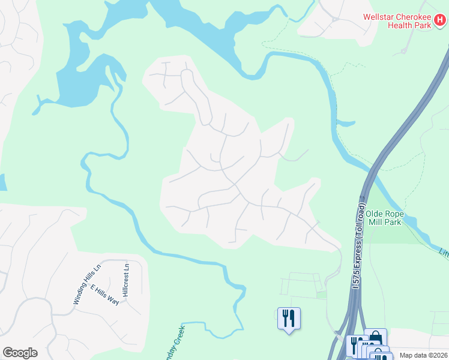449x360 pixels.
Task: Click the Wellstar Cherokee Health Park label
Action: pos(400,21)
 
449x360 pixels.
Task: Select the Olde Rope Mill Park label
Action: pos(393,218)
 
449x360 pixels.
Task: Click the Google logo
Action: pos(20,353)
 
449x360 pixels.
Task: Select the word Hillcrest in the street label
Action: pos(125,284)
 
